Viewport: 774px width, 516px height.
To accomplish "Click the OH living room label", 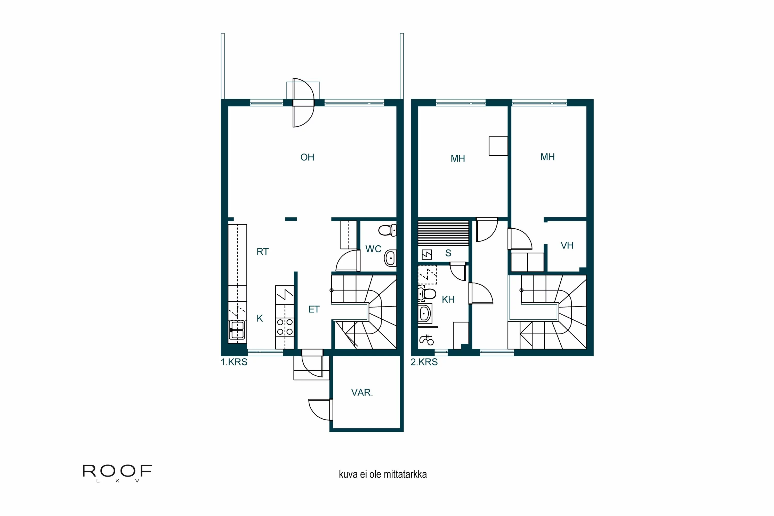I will pos(307,157).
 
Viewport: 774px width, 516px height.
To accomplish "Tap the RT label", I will pos(262,252).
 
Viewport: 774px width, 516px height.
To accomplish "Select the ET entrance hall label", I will pos(314,309).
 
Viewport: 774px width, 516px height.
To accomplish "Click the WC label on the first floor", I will pos(373,249).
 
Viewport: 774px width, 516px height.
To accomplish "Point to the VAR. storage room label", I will pos(362,393).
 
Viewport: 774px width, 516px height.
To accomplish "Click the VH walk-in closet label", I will pos(567,246).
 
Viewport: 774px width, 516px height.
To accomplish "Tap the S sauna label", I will pos(448,253).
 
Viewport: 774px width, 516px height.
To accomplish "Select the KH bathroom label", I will pos(448,300).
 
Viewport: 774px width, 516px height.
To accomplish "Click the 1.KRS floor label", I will pos(234,362).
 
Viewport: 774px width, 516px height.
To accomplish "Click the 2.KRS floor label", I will pos(424,362).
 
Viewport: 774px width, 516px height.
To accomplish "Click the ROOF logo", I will pos(117,472).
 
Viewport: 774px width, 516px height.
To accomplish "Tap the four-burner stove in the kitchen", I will pos(285,327).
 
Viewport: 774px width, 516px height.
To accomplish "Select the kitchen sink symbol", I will pos(237,330).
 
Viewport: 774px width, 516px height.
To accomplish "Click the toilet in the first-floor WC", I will pos(387,230).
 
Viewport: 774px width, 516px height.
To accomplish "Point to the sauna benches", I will pos(443,233).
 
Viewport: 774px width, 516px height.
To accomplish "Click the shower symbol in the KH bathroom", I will pos(426,340).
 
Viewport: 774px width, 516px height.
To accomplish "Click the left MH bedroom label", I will pos(457,159).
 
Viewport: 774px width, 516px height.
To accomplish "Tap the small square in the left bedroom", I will pos(498,146).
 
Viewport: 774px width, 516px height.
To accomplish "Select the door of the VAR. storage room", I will pos(320,410).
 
